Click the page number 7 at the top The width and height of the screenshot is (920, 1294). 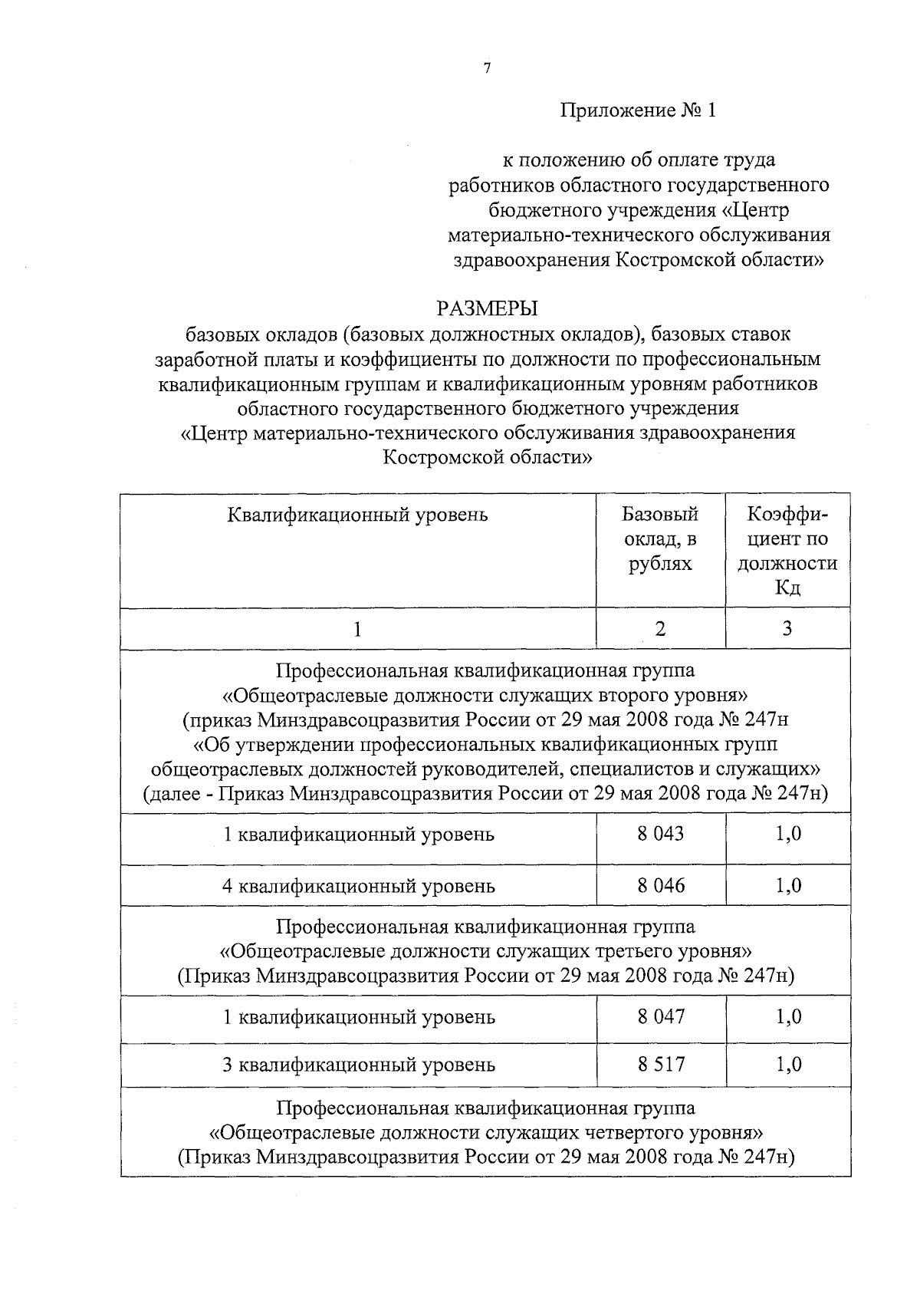tap(487, 68)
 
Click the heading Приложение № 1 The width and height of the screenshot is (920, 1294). tap(638, 110)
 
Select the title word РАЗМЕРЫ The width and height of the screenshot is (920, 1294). tap(487, 308)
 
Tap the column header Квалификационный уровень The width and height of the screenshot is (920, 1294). tap(357, 514)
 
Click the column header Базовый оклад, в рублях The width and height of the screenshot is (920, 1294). tap(660, 538)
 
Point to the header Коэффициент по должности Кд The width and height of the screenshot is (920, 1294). tap(787, 551)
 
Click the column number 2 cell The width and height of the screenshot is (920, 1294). tap(660, 629)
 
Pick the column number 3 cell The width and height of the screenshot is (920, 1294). tap(787, 629)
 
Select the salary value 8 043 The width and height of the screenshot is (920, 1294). tap(660, 833)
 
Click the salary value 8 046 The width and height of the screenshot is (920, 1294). tap(660, 885)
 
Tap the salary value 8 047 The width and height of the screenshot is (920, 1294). tap(660, 1017)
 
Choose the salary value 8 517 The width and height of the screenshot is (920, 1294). tap(660, 1064)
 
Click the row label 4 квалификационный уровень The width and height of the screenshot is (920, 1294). tap(358, 886)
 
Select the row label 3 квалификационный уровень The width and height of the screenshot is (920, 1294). tap(358, 1065)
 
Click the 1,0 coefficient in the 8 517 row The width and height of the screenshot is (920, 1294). tap(788, 1064)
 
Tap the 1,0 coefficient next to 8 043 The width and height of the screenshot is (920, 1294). tap(788, 833)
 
